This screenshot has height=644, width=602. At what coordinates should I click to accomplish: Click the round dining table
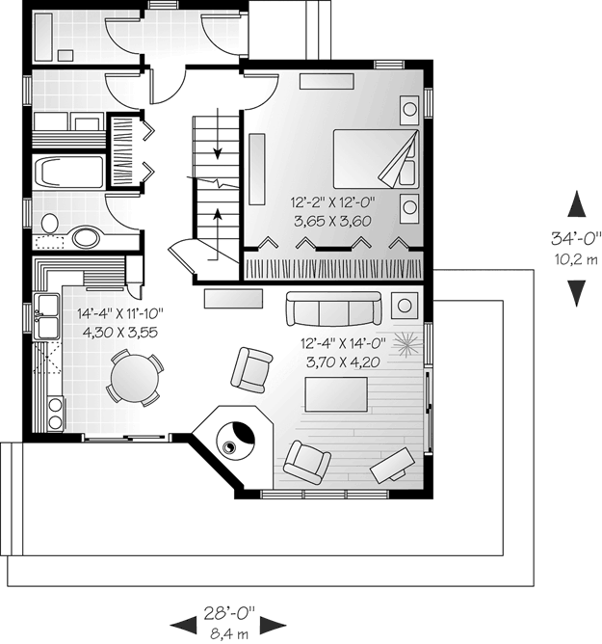pos(135,378)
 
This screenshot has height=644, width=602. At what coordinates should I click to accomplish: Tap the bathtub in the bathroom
pos(68,173)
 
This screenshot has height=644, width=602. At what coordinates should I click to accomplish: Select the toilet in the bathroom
pos(50,224)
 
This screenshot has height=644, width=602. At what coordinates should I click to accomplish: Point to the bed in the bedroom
pos(376,158)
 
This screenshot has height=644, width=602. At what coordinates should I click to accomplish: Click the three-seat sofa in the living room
pos(333,309)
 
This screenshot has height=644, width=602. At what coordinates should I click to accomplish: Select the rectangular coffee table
pos(336,394)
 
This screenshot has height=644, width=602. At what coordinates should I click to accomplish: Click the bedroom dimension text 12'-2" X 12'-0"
pos(333,202)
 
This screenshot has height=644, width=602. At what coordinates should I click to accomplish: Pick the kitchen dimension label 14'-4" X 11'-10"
pos(120,313)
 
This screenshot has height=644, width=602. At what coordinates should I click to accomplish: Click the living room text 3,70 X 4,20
pos(343,362)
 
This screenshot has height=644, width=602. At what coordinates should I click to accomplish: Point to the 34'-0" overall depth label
pos(576,238)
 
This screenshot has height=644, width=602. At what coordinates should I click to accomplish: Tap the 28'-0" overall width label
pos(229,613)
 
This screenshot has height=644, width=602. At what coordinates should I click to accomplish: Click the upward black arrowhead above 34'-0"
pos(577,203)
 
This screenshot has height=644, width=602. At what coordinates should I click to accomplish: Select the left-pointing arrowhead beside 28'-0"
pos(183,625)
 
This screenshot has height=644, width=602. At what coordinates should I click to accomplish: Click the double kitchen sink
pos(47,316)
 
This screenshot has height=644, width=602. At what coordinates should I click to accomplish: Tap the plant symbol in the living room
pos(407,344)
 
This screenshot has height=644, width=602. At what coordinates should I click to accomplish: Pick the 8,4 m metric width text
pos(229,633)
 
